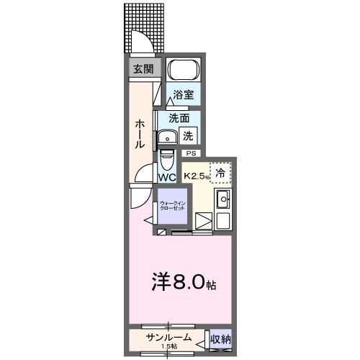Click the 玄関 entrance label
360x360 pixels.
click(143, 69)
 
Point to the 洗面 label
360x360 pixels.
click(179, 117)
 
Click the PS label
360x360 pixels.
click(191, 153)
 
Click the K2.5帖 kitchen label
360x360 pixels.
click(195, 175)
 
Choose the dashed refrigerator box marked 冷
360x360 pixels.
click(222, 173)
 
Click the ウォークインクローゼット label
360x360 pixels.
click(173, 205)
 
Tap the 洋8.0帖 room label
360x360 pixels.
click(182, 283)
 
